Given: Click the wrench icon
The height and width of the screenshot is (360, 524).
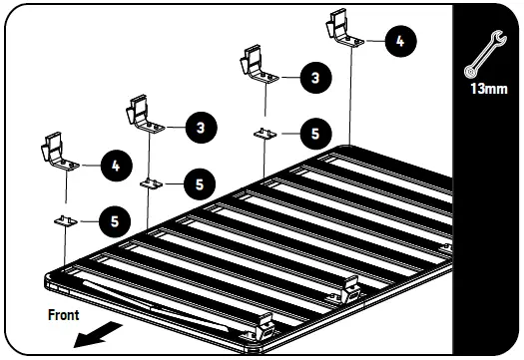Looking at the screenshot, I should [x=487, y=59].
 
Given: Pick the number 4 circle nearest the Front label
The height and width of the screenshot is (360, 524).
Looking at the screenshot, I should [x=115, y=167].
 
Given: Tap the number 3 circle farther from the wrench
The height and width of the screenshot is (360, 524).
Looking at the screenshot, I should [x=200, y=128].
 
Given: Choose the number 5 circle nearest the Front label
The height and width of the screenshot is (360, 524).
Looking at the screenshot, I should [x=115, y=220].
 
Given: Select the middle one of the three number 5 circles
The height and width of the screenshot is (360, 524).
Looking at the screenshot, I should [x=200, y=183].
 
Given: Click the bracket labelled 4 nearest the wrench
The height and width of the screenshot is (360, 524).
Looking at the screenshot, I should [x=344, y=30].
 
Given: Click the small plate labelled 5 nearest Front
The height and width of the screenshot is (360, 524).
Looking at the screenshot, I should [x=65, y=221].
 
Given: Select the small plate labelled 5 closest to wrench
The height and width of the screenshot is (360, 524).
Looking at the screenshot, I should [x=264, y=133].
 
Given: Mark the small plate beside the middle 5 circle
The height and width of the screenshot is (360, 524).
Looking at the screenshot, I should [x=151, y=183].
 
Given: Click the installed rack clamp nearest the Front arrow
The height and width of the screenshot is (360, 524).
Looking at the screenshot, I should [x=266, y=323].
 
